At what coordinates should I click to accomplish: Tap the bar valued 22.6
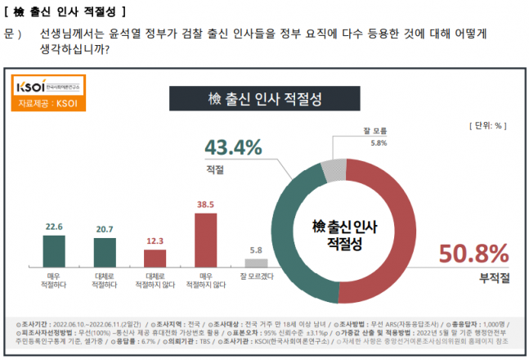click(53, 254)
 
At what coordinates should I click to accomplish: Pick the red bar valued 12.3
click(155, 262)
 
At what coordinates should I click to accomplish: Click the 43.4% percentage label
click(233, 147)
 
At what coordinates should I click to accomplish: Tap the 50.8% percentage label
click(474, 254)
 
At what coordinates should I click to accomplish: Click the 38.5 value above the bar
click(205, 205)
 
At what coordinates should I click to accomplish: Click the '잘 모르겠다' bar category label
click(256, 279)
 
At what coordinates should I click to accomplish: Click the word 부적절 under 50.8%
click(494, 278)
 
